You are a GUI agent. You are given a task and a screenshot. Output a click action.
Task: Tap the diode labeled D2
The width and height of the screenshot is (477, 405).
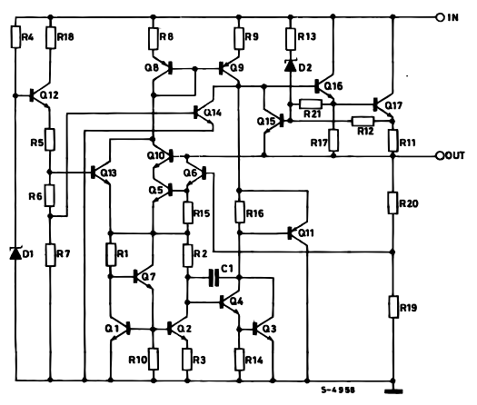[x=290, y=65]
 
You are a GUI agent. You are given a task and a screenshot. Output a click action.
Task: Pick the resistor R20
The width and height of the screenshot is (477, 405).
[x=393, y=203]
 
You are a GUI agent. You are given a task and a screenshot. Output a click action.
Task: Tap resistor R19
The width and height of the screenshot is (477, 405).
[x=393, y=307]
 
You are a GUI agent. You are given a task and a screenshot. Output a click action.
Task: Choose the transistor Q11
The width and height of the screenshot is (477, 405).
[x=297, y=232]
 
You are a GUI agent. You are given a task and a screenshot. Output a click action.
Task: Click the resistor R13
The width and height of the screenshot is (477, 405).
[x=290, y=37]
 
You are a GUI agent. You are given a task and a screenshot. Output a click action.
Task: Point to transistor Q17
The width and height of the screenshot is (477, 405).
[x=385, y=105]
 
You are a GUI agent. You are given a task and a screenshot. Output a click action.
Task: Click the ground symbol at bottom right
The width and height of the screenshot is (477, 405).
[x=393, y=392]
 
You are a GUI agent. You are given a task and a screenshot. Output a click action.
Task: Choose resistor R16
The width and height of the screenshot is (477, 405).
[x=239, y=212]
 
